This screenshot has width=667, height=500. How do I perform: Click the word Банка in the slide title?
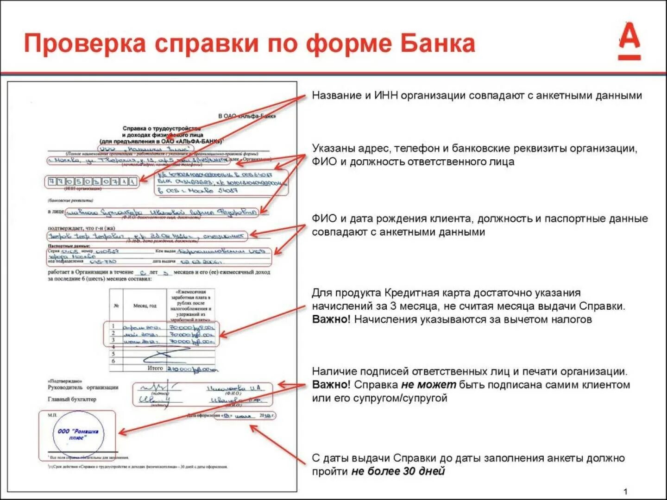coord(438,44)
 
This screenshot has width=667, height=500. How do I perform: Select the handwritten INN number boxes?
coord(92,181)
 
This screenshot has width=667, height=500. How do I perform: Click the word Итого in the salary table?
coord(155,368)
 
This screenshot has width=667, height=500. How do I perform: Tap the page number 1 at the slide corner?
coord(625,492)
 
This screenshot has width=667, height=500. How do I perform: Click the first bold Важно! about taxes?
coord(331,319)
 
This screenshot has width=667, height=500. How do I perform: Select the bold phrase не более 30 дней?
coord(398,471)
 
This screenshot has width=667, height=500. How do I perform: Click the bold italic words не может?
coord(428,385)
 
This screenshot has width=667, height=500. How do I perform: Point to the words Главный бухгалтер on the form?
coord(72,399)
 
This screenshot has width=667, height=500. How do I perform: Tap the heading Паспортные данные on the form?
coord(69,246)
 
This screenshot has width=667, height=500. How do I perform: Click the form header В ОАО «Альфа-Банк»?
coord(247,116)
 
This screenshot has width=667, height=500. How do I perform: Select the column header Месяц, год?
coord(145,306)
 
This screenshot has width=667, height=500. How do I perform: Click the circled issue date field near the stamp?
coord(244,415)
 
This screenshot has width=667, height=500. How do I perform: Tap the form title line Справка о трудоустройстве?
coord(162,128)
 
